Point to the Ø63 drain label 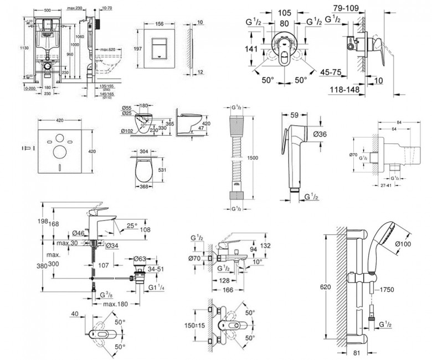click(140, 258)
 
